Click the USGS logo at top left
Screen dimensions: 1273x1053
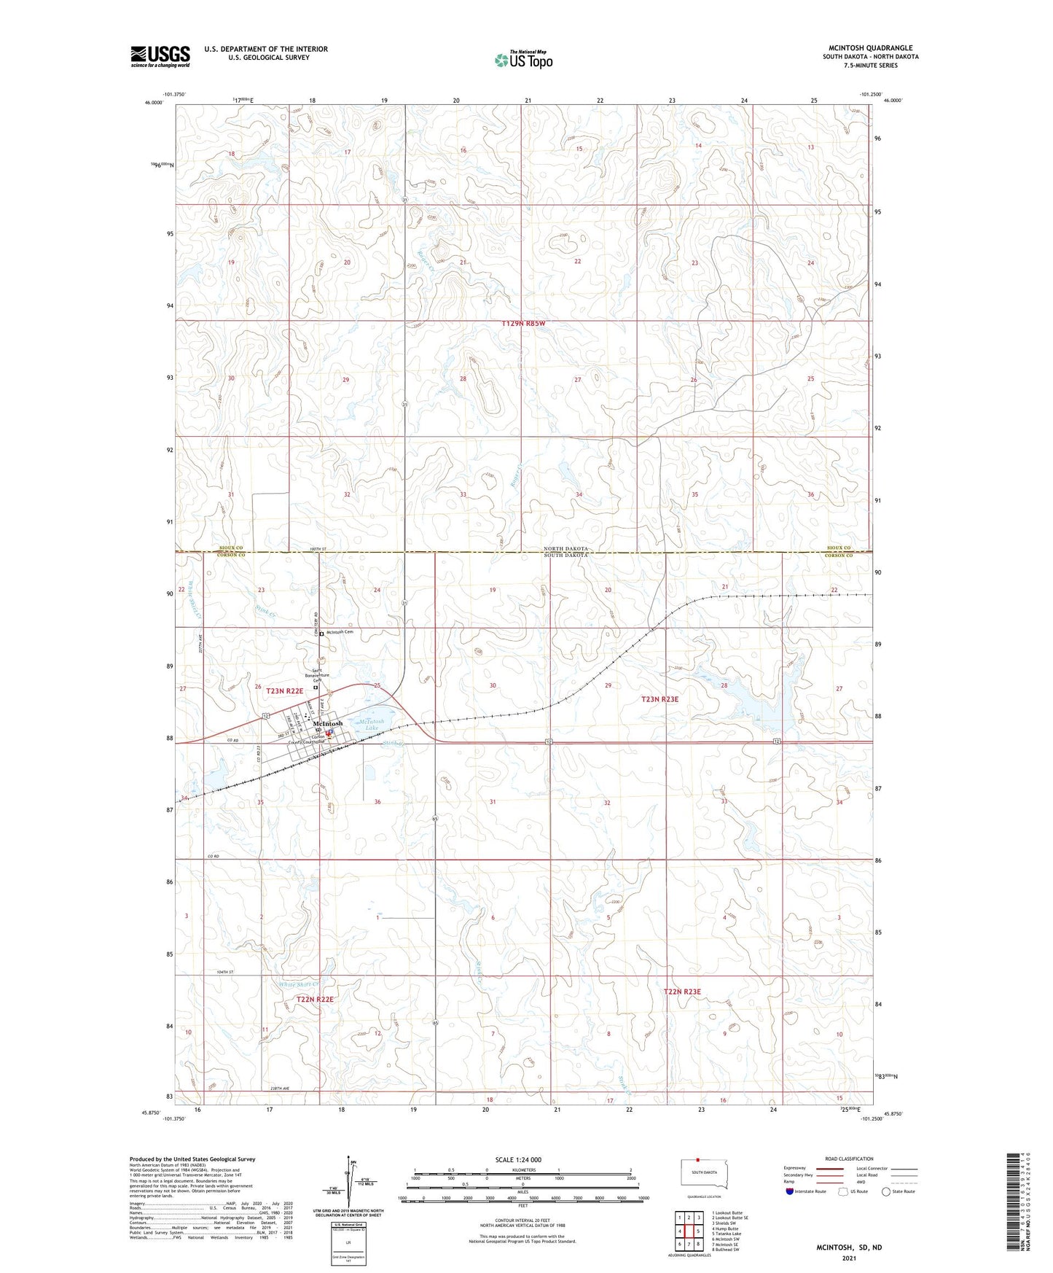pos(160,56)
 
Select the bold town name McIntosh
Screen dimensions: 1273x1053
pos(328,723)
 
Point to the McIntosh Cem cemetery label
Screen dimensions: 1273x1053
pos(341,633)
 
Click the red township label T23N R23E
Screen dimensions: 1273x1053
pos(659,699)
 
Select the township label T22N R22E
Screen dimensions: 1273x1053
pos(315,1000)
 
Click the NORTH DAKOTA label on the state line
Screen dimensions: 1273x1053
pos(565,548)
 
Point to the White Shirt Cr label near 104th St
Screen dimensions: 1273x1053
pos(298,984)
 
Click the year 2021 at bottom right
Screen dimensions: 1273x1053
pos(849,1258)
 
